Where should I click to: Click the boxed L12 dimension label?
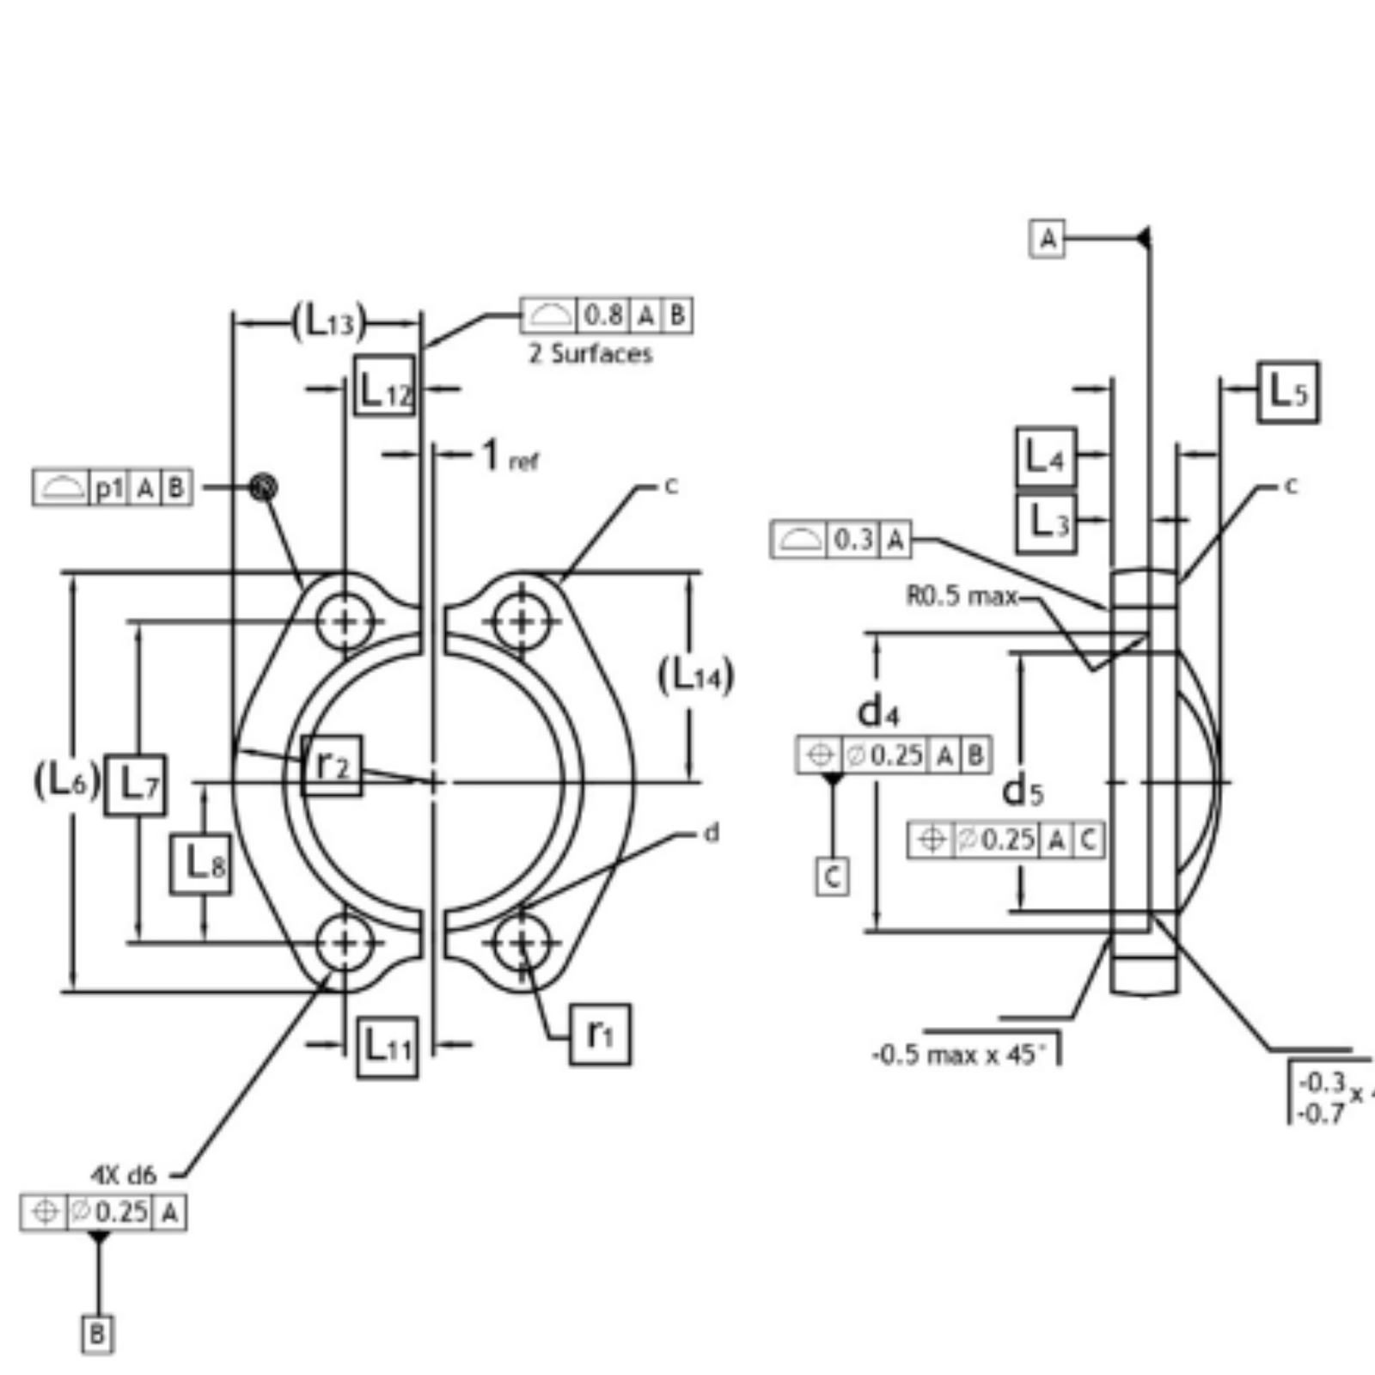384,385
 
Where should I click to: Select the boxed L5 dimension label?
1287,392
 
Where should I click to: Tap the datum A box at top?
1047,238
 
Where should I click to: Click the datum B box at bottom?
97,1334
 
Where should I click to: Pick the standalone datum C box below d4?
832,877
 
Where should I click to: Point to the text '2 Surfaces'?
590,353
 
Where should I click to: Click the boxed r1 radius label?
599,1034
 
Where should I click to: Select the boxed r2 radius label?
332,765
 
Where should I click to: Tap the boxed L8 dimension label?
200,864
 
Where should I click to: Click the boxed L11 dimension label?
388,1047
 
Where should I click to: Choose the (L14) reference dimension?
696,675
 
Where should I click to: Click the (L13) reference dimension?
329,323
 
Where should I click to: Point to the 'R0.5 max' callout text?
962,595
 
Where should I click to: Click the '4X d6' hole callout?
125,1174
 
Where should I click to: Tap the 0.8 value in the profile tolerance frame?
603,315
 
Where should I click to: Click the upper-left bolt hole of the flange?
345,620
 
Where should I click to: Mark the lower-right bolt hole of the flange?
521,943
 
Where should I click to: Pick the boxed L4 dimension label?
1045,456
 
